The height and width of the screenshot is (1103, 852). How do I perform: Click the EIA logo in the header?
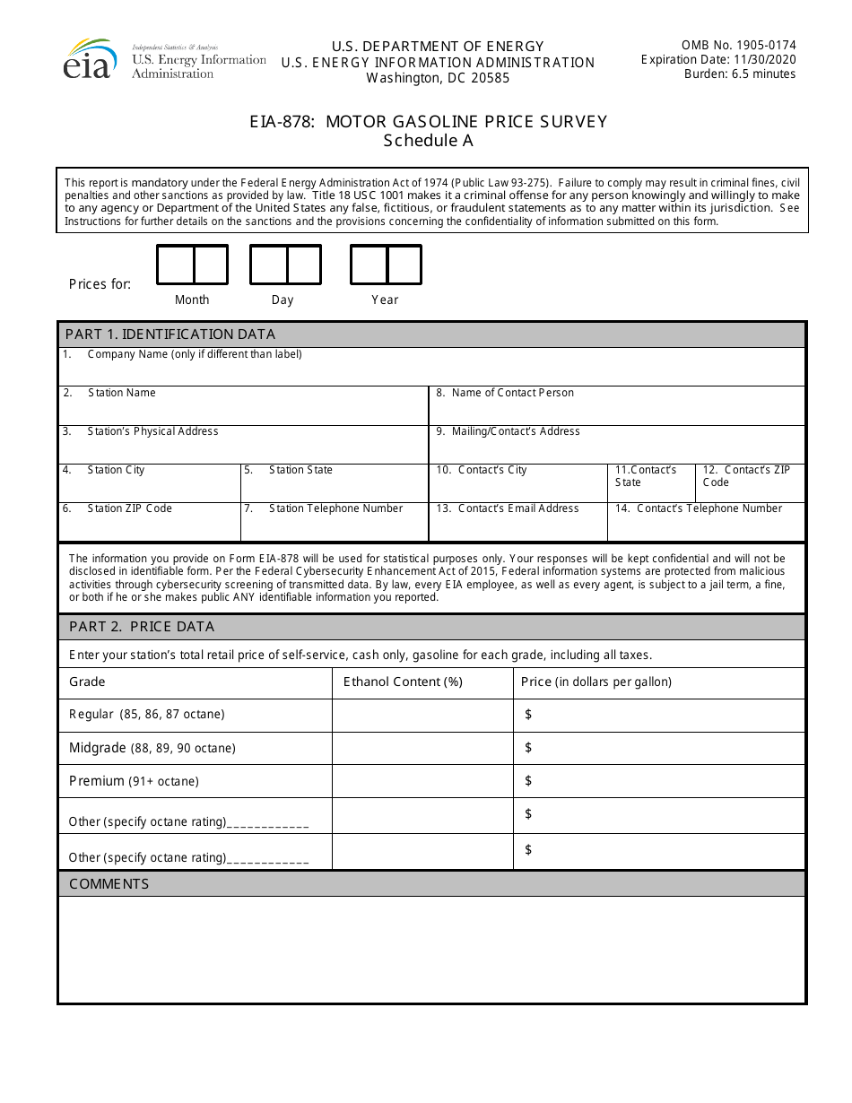pyautogui.click(x=90, y=59)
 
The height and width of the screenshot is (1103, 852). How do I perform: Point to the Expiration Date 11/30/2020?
pyautogui.click(x=718, y=59)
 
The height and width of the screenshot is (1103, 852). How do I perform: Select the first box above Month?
pyautogui.click(x=175, y=265)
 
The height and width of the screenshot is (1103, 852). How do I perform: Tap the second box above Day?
pyautogui.click(x=304, y=265)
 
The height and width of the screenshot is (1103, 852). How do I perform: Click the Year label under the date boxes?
pyautogui.click(x=385, y=300)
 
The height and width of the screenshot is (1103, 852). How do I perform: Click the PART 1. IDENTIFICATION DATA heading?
pyautogui.click(x=170, y=334)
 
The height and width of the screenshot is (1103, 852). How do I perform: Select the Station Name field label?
pyautogui.click(x=121, y=393)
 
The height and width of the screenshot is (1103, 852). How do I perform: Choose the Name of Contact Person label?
pyautogui.click(x=512, y=393)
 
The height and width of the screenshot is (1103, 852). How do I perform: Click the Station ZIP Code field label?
pyautogui.click(x=129, y=508)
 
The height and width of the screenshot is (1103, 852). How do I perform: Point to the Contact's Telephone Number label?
pyautogui.click(x=709, y=508)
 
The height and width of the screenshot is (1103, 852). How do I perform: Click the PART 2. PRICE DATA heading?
pyautogui.click(x=142, y=626)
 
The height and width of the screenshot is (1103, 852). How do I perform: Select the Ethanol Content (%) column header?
pyautogui.click(x=403, y=682)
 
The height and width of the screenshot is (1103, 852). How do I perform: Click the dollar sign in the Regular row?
pyautogui.click(x=528, y=715)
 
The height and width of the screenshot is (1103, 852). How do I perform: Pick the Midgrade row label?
pyautogui.click(x=152, y=748)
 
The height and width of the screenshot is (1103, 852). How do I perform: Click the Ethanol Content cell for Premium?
pyautogui.click(x=422, y=781)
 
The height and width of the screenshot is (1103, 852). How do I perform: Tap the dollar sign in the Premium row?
pyautogui.click(x=528, y=781)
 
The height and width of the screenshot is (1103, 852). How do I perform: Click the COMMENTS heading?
pyautogui.click(x=109, y=883)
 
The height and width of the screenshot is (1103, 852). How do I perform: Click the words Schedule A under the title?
pyautogui.click(x=428, y=141)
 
